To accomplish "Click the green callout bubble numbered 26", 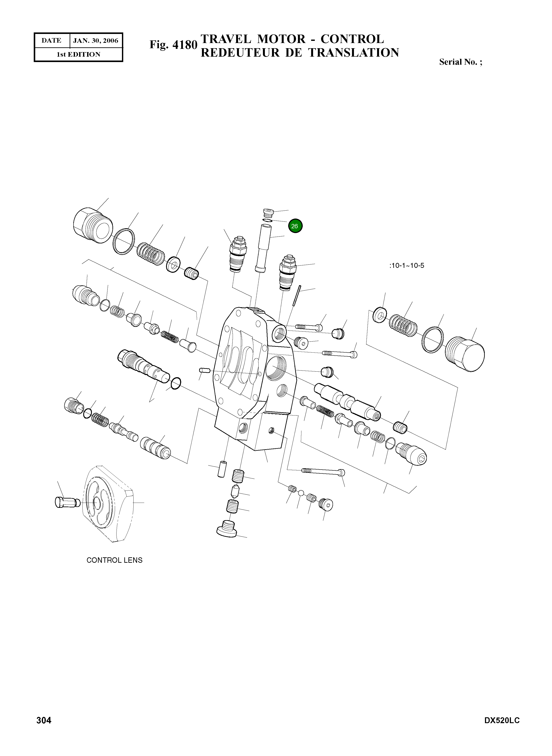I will click(295, 226).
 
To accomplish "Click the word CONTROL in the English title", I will click(352, 39).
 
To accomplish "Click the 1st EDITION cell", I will click(78, 54).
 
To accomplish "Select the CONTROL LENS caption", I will click(114, 560).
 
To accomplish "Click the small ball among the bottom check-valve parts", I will click(301, 492).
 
